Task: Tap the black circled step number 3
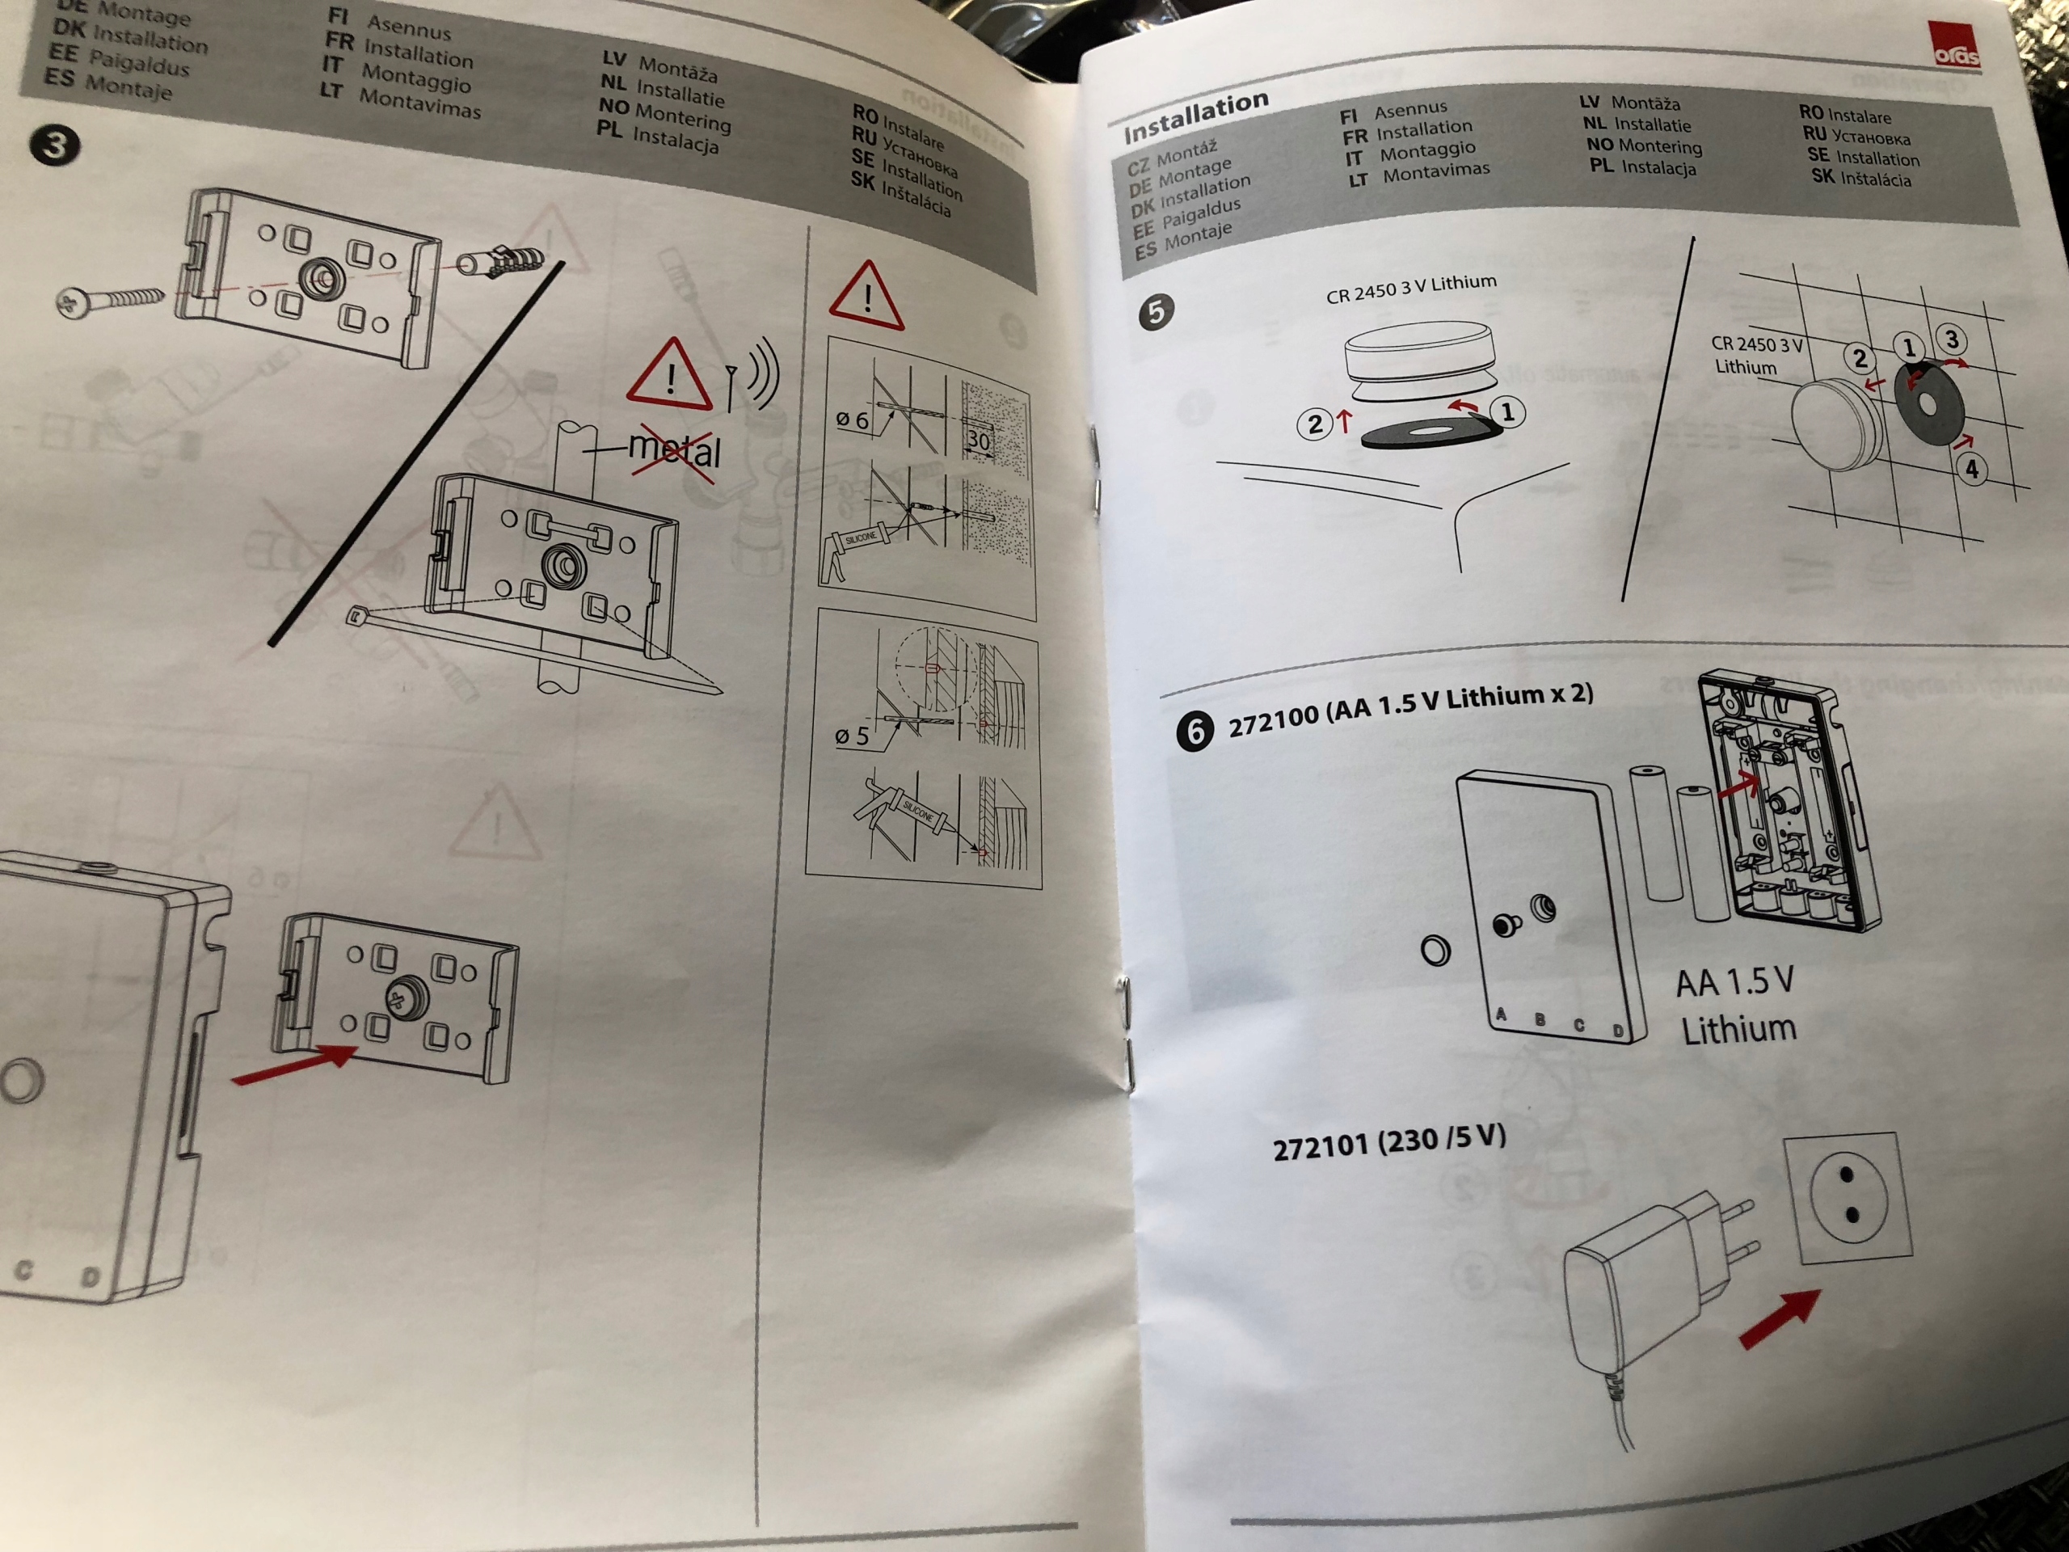coord(54,146)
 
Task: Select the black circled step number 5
coord(1156,310)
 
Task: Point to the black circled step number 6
coord(1195,731)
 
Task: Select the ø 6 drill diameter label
coord(851,421)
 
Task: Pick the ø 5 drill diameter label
coord(851,737)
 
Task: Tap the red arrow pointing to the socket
coord(1779,1320)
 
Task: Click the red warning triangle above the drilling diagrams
coord(866,297)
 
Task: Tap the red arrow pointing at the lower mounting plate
coord(295,1065)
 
